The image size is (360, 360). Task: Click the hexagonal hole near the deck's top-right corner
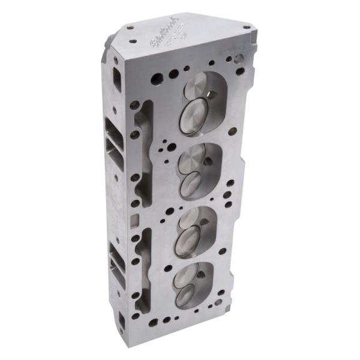click(238, 59)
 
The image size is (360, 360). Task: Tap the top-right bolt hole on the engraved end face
click(247, 27)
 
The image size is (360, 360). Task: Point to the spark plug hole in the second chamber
click(207, 161)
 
